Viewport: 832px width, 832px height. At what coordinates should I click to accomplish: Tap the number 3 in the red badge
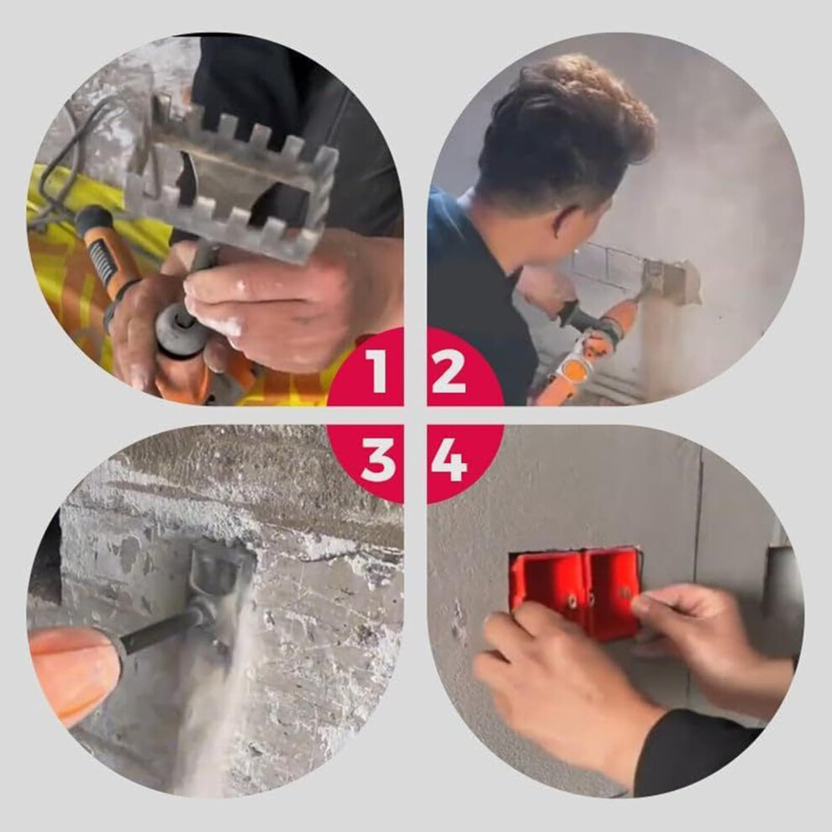tap(378, 460)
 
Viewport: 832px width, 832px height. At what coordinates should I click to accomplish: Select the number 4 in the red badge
tap(449, 460)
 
